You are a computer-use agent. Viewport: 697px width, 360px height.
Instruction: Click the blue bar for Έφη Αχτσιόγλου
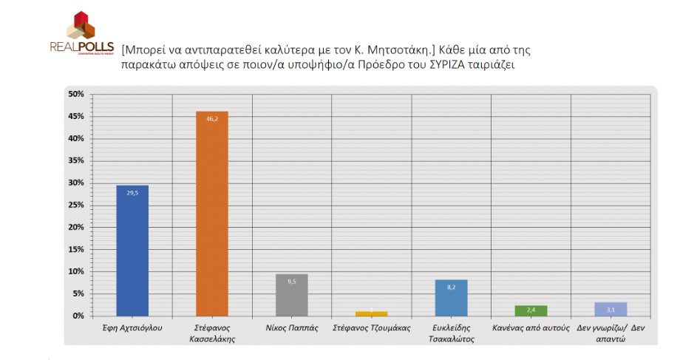[132, 251]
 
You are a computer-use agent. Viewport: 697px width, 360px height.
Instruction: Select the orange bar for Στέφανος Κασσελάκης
[212, 214]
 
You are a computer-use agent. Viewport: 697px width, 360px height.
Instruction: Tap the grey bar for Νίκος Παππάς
[291, 295]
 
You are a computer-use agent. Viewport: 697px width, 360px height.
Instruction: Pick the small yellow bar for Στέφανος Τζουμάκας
[371, 313]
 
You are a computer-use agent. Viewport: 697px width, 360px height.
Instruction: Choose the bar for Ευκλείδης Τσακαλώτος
[451, 298]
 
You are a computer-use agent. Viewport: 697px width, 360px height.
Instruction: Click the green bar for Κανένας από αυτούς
[531, 310]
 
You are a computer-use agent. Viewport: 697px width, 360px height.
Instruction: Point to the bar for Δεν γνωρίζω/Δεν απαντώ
[611, 309]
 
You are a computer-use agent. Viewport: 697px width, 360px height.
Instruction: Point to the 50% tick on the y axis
[75, 94]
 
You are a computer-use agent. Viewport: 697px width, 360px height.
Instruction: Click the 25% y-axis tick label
[75, 205]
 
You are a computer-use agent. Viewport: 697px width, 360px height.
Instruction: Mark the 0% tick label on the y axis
[78, 316]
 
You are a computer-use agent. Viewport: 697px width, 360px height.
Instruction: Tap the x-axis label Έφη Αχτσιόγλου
[132, 327]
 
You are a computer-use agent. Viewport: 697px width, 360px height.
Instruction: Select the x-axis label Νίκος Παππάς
[291, 327]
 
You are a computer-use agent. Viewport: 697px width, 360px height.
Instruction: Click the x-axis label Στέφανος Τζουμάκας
[371, 327]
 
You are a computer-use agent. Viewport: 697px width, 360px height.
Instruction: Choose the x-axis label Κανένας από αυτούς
[531, 327]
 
